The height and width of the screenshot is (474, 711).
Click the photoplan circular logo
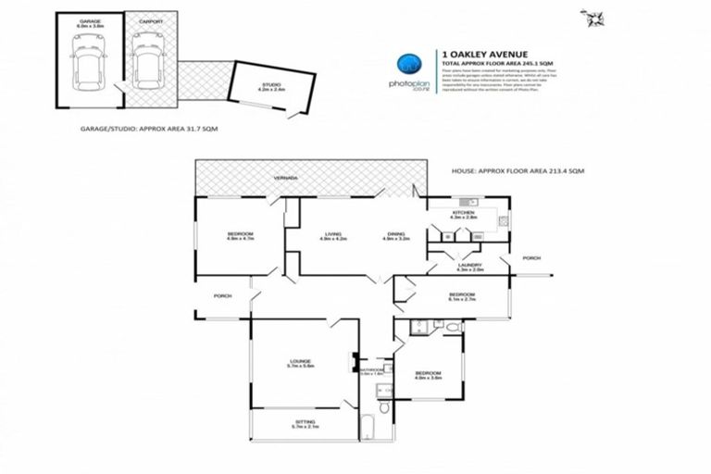click(409, 65)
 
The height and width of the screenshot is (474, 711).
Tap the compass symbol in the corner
click(590, 18)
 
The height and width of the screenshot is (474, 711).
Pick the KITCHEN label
click(463, 213)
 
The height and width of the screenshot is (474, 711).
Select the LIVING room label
click(332, 234)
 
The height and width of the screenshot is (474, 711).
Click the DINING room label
click(395, 234)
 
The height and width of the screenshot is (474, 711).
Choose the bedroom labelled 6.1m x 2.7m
click(460, 297)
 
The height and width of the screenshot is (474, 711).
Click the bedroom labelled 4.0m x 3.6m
click(428, 374)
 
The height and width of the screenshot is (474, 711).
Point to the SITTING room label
click(305, 423)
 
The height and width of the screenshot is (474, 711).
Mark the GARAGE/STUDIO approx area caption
click(149, 131)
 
